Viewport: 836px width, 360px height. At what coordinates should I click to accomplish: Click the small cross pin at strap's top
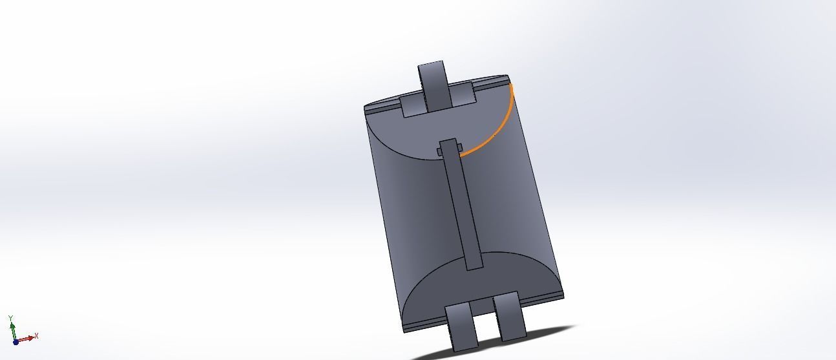click(440, 152)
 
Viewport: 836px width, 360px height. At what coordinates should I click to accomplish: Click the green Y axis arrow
click(12, 329)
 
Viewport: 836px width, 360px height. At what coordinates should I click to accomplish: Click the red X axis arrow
click(27, 339)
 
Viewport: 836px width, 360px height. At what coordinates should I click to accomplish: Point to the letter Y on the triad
click(11, 318)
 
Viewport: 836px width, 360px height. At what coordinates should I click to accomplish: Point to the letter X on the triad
click(37, 335)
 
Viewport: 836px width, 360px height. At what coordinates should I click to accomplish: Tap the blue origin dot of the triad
click(16, 341)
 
